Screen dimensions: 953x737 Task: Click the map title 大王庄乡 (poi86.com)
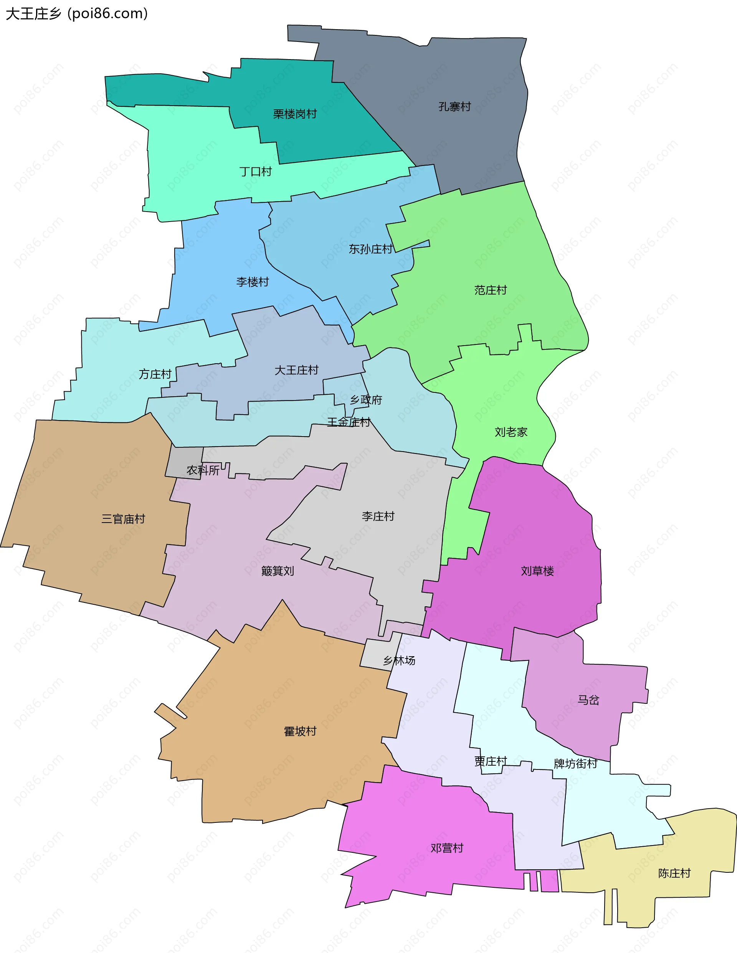point(77,14)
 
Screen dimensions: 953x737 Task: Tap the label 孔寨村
point(455,107)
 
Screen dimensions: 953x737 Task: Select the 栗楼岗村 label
point(294,114)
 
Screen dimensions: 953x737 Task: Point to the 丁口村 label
point(255,172)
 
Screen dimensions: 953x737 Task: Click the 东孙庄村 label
point(370,249)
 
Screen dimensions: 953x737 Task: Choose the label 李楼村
point(252,282)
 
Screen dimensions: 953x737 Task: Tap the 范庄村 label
point(491,290)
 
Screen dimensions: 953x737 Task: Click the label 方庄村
point(155,374)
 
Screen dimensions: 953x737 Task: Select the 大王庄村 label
point(296,371)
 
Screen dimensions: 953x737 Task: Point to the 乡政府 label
point(366,400)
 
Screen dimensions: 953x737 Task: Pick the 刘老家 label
point(511,432)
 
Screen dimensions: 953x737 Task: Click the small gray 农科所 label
point(203,470)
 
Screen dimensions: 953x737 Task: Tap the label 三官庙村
point(123,519)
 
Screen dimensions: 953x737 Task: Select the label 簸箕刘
point(278,571)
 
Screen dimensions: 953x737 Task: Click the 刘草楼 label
point(537,572)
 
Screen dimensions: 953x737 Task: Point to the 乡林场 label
point(399,661)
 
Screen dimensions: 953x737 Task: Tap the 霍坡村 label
point(300,732)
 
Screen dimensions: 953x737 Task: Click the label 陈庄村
point(674,874)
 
